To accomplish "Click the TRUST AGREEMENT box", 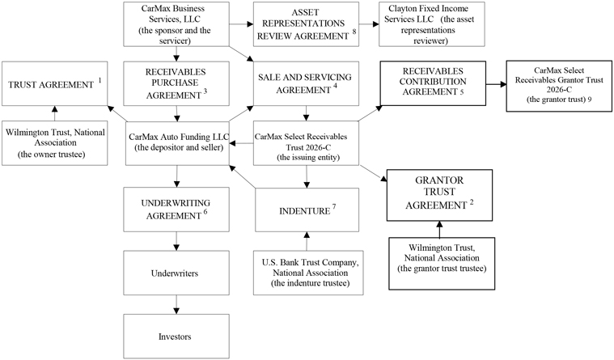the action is click(54, 83).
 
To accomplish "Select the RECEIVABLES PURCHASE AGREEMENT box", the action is click(176, 83).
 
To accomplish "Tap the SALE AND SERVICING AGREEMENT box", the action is click(306, 83).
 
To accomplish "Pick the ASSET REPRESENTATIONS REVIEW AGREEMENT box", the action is click(306, 24).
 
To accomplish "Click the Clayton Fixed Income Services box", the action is click(431, 24).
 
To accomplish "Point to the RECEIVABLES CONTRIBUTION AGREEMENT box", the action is click(433, 83).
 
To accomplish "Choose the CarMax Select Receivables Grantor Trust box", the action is click(559, 86).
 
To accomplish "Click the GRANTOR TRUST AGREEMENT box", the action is click(439, 195).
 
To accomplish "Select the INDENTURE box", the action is click(307, 210).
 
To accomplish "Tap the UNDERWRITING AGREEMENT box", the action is click(176, 210).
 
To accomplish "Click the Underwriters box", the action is click(176, 273).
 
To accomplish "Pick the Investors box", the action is click(176, 336).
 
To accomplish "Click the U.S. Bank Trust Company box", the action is click(308, 273).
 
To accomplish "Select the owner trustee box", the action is click(54, 143).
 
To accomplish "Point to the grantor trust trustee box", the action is click(442, 263).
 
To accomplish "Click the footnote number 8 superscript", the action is click(354, 32).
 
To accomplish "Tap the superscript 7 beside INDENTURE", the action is click(334, 206).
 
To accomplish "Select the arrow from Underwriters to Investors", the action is click(176, 304).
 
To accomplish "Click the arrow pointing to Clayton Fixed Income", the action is click(369, 24).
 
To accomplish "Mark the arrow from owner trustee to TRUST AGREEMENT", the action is click(54, 113).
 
